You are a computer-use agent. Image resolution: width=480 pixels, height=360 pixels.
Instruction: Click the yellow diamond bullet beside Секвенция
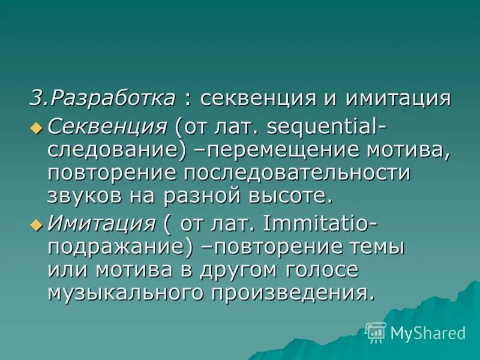pyautogui.click(x=37, y=127)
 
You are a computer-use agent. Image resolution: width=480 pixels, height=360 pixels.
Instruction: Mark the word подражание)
pyautogui.click(x=121, y=247)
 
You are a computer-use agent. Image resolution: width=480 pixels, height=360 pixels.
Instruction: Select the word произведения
pyautogui.click(x=289, y=293)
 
